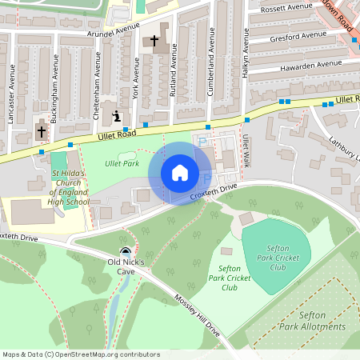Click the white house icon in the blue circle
(180, 173)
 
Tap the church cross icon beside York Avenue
(154, 40)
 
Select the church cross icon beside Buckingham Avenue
(41, 130)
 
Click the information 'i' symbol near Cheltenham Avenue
(118, 116)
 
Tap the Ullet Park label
(122, 163)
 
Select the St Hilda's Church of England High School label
(69, 187)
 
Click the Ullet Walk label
(246, 150)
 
